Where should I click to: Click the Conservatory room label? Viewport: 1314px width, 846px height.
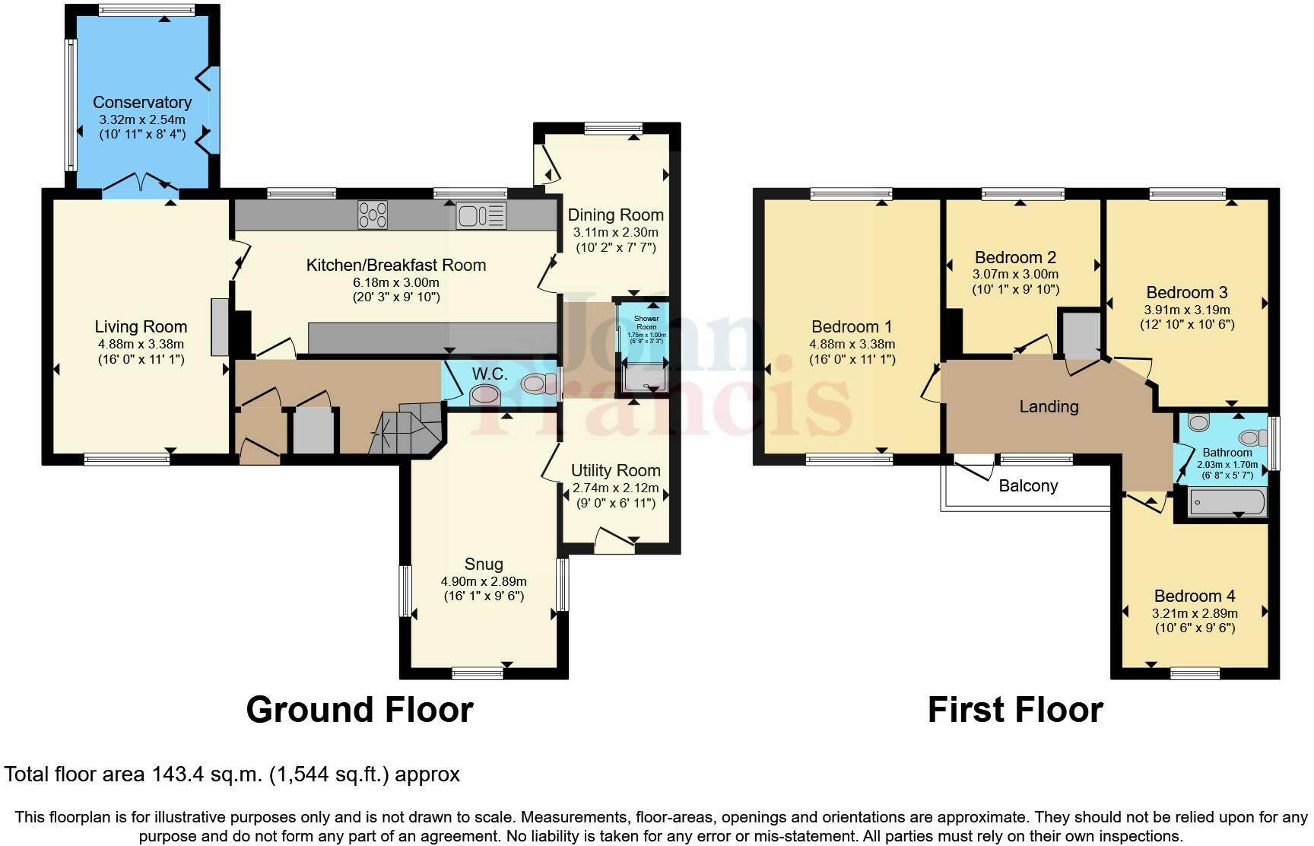(141, 102)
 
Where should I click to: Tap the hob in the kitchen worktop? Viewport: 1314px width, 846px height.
(373, 215)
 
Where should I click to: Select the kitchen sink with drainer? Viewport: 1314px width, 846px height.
(481, 215)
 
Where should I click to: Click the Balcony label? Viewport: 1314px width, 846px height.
(1028, 485)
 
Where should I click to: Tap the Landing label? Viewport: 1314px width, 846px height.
(1049, 406)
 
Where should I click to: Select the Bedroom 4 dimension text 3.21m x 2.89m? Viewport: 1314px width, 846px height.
(1194, 613)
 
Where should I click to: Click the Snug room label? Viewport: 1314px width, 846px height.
(484, 564)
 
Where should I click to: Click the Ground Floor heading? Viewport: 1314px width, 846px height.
(359, 709)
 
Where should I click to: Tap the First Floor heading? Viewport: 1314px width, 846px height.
(1014, 709)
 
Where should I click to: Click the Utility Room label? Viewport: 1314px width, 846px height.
(615, 470)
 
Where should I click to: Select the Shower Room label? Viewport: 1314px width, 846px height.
(646, 322)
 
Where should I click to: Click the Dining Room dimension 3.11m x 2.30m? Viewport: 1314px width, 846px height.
(615, 232)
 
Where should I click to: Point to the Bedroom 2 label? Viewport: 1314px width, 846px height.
(1015, 257)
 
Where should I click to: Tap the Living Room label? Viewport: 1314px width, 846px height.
(141, 326)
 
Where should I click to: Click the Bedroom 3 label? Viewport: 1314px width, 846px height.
(1186, 292)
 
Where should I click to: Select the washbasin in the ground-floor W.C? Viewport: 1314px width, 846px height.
(485, 395)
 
